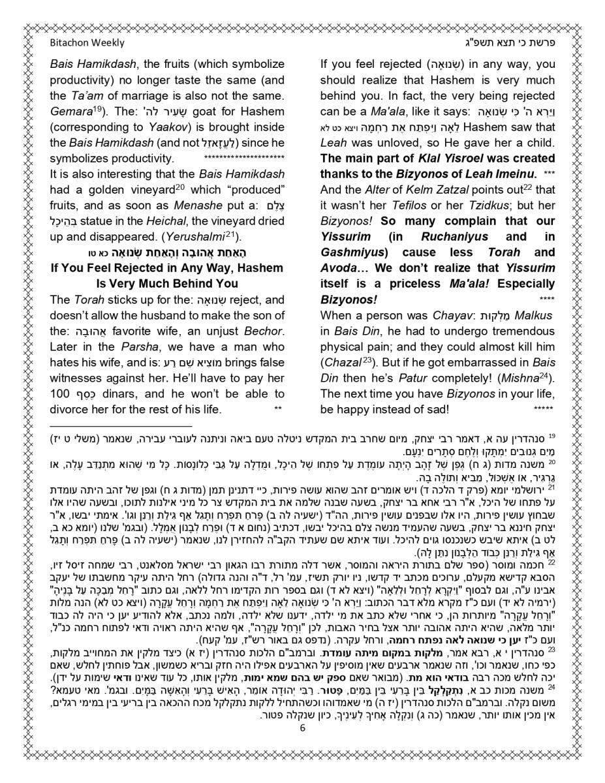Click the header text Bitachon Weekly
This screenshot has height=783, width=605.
(87, 43)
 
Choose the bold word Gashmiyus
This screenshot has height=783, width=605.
(353, 253)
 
